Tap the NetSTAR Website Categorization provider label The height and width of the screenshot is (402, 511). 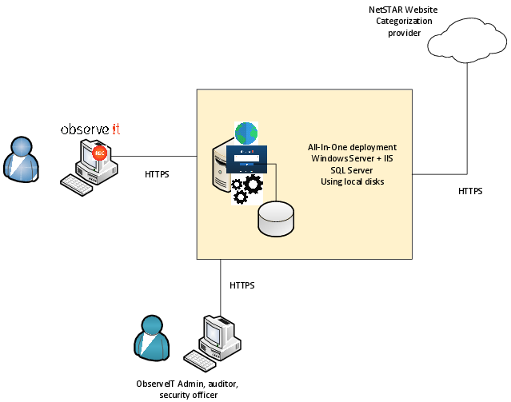coord(404,21)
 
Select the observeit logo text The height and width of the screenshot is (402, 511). coord(91,129)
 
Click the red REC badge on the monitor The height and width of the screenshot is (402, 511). coord(100,153)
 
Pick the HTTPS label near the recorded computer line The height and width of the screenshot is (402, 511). coord(157,173)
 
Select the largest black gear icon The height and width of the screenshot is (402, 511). coord(253,185)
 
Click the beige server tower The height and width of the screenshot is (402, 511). coord(220,168)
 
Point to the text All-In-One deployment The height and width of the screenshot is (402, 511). coord(352,148)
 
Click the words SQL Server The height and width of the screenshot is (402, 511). coord(352,170)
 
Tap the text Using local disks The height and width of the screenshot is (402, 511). coord(352,181)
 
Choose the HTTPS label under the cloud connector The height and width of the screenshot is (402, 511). coord(470,191)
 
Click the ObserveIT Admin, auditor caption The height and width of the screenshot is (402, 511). coord(186,384)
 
